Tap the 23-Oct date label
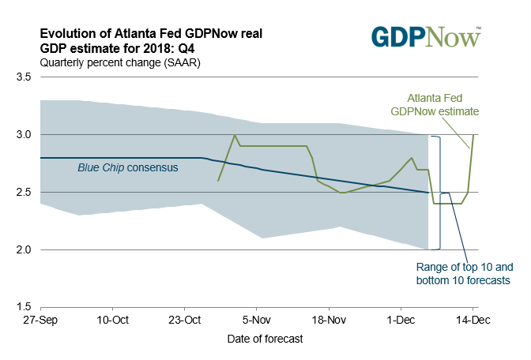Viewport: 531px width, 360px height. click(x=184, y=321)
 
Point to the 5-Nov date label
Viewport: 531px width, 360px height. click(x=256, y=321)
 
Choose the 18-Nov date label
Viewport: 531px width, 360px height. click(x=328, y=321)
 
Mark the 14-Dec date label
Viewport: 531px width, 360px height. click(x=473, y=321)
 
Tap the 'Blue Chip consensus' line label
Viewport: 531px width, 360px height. click(x=128, y=167)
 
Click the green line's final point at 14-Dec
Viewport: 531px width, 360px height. click(x=473, y=135)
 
